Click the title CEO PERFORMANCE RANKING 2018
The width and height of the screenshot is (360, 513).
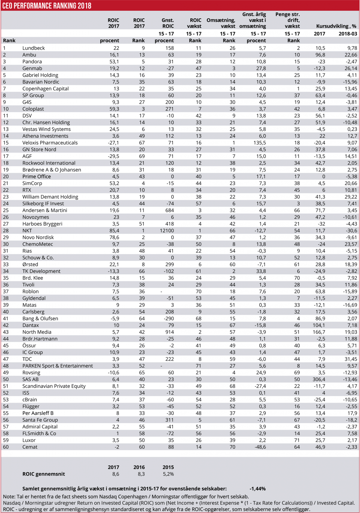pos(47,6)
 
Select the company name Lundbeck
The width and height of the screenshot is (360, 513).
pos(34,48)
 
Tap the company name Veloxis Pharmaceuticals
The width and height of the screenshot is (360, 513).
pos(50,143)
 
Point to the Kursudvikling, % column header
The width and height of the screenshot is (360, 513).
pos(336,26)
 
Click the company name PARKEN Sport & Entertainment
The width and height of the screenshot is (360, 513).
pos(58,366)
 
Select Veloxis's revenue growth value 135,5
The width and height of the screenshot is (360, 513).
pos(259,143)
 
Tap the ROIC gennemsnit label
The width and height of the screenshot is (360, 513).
pos(43,474)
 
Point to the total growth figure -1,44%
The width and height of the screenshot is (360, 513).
pos(257,489)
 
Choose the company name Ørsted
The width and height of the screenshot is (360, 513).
pos(30,264)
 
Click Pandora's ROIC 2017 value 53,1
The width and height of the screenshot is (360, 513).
pos(114,61)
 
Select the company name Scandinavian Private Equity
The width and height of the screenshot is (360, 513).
pos(54,386)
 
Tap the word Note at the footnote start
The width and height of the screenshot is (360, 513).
pos(9,497)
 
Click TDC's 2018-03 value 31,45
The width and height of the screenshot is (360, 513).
pos(351,359)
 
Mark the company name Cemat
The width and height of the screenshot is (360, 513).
pos(30,447)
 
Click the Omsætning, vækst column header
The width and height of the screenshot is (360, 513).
pos(221,23)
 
